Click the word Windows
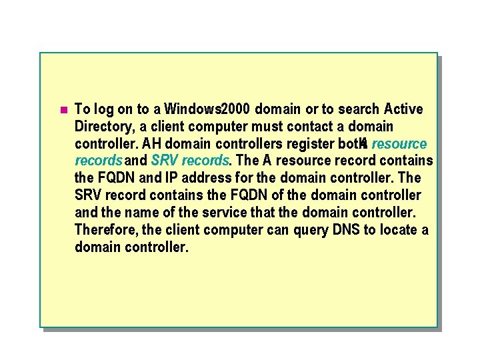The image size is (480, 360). (x=192, y=109)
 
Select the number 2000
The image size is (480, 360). (x=236, y=109)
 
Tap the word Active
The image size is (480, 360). (x=403, y=109)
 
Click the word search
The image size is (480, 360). (x=357, y=109)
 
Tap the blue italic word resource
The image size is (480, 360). (x=399, y=143)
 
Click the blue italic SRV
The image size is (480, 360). (x=165, y=161)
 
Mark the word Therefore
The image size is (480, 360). (x=104, y=230)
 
